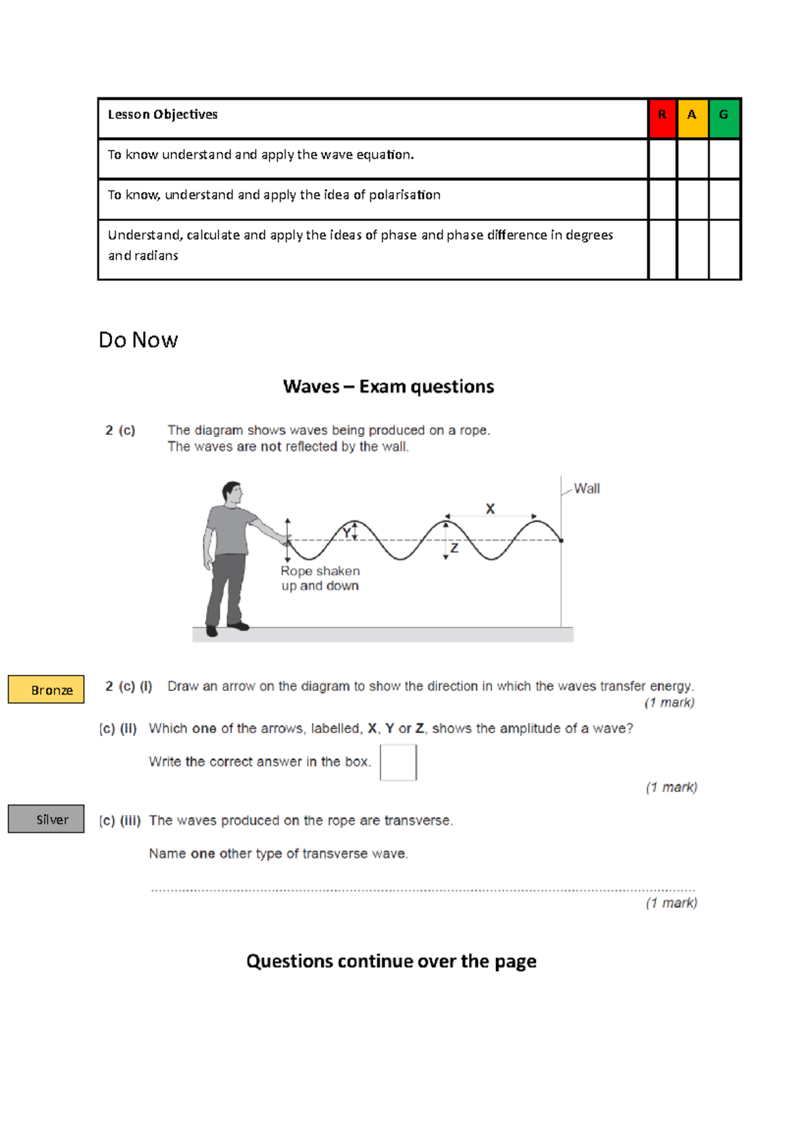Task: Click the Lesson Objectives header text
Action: pos(163,115)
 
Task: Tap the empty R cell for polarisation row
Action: pos(662,199)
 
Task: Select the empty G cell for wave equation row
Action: pos(724,159)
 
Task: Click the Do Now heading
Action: pos(139,340)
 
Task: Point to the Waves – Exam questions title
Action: pos(389,386)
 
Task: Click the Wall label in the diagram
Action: pos(587,488)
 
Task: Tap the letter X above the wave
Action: pos(490,509)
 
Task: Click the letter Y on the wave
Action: pos(346,533)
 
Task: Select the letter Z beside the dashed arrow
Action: pos(454,548)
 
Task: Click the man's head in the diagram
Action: pos(233,492)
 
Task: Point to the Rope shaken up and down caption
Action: pos(320,578)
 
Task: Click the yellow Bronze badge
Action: pos(46,690)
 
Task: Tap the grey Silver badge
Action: pos(46,819)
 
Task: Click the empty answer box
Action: pos(398,762)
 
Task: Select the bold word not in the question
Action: pos(271,447)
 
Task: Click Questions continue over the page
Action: pos(391,961)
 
